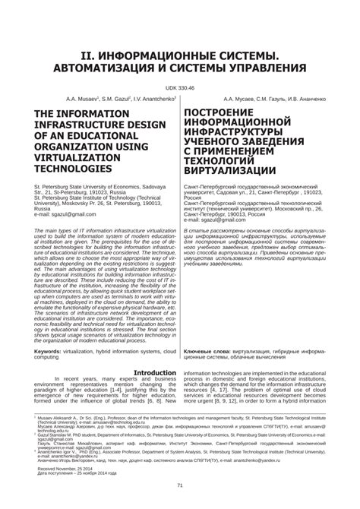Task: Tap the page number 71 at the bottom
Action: (x=180, y=487)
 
